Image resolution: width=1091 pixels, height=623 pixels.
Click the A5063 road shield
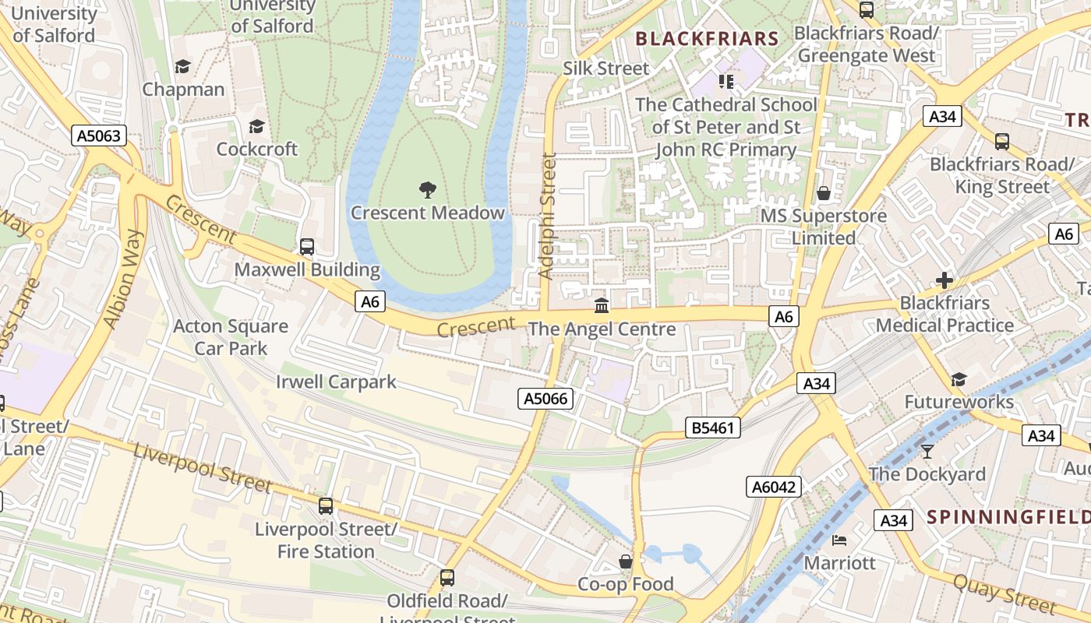click(x=100, y=136)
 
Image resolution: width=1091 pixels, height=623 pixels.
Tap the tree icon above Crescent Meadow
click(x=427, y=189)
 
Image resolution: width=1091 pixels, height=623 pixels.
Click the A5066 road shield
click(x=546, y=399)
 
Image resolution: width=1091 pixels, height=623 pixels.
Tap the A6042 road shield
click(x=774, y=487)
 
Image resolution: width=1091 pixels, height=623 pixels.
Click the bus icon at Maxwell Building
click(x=307, y=247)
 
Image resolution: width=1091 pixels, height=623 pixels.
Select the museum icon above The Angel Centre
click(x=602, y=305)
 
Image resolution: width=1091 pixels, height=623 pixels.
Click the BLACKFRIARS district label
click(x=707, y=39)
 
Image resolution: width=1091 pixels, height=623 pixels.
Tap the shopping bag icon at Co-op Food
click(x=625, y=561)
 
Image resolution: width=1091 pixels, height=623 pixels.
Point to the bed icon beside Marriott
click(x=839, y=540)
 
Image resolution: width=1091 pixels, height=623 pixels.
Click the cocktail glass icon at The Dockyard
click(x=927, y=451)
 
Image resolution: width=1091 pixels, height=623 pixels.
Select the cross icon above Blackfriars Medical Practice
click(x=944, y=280)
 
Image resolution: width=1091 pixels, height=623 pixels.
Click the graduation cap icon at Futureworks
click(x=959, y=379)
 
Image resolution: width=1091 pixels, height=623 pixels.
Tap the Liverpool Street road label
click(x=202, y=467)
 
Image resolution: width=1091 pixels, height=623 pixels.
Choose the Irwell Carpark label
click(x=336, y=382)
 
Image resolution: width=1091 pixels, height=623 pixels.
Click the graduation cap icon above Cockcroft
click(x=256, y=126)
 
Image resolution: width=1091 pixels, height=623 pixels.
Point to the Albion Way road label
click(x=124, y=279)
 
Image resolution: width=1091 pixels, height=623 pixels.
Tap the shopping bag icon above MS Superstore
click(x=824, y=192)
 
